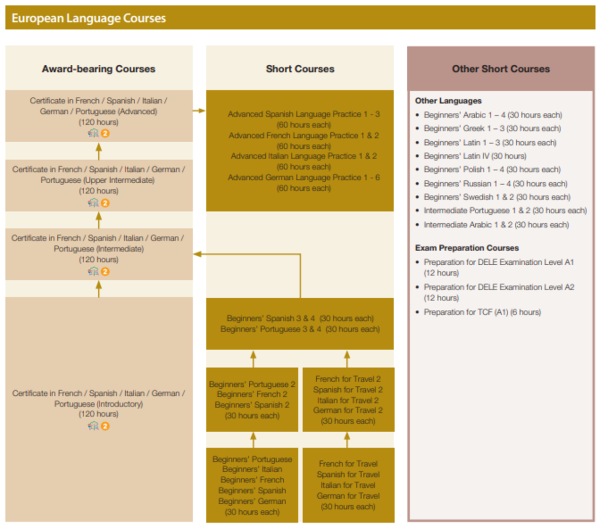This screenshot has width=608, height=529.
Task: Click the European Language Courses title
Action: [x=89, y=18]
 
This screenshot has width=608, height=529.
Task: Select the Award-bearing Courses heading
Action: [x=99, y=69]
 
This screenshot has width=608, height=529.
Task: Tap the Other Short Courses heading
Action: [x=501, y=69]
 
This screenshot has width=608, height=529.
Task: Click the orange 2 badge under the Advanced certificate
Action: [x=105, y=133]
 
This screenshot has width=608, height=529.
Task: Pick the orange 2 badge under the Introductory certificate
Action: [x=105, y=426]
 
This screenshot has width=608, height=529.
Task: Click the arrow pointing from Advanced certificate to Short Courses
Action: [x=199, y=110]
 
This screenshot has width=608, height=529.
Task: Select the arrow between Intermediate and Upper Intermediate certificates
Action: [x=99, y=220]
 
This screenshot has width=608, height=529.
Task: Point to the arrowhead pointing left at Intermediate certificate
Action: [x=198, y=254]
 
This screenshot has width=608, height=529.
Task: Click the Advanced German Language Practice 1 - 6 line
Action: [x=303, y=178]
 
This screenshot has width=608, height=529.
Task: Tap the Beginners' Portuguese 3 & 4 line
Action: [x=300, y=329]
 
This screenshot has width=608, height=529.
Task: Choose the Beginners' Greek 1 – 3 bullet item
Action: [x=492, y=129]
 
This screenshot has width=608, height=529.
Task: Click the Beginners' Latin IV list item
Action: [x=475, y=156]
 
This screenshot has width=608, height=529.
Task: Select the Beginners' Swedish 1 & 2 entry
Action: [x=497, y=197]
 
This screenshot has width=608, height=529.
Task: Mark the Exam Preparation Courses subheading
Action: [x=467, y=248]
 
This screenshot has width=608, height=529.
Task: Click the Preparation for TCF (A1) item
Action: [x=482, y=312]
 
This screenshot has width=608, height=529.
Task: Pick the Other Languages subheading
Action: [x=448, y=101]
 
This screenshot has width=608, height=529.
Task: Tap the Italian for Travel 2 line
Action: [x=348, y=400]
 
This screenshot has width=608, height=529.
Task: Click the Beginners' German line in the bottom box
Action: [x=252, y=501]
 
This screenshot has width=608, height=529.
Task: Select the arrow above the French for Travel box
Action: [x=347, y=439]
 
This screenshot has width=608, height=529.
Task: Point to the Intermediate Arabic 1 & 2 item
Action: [x=496, y=225]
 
